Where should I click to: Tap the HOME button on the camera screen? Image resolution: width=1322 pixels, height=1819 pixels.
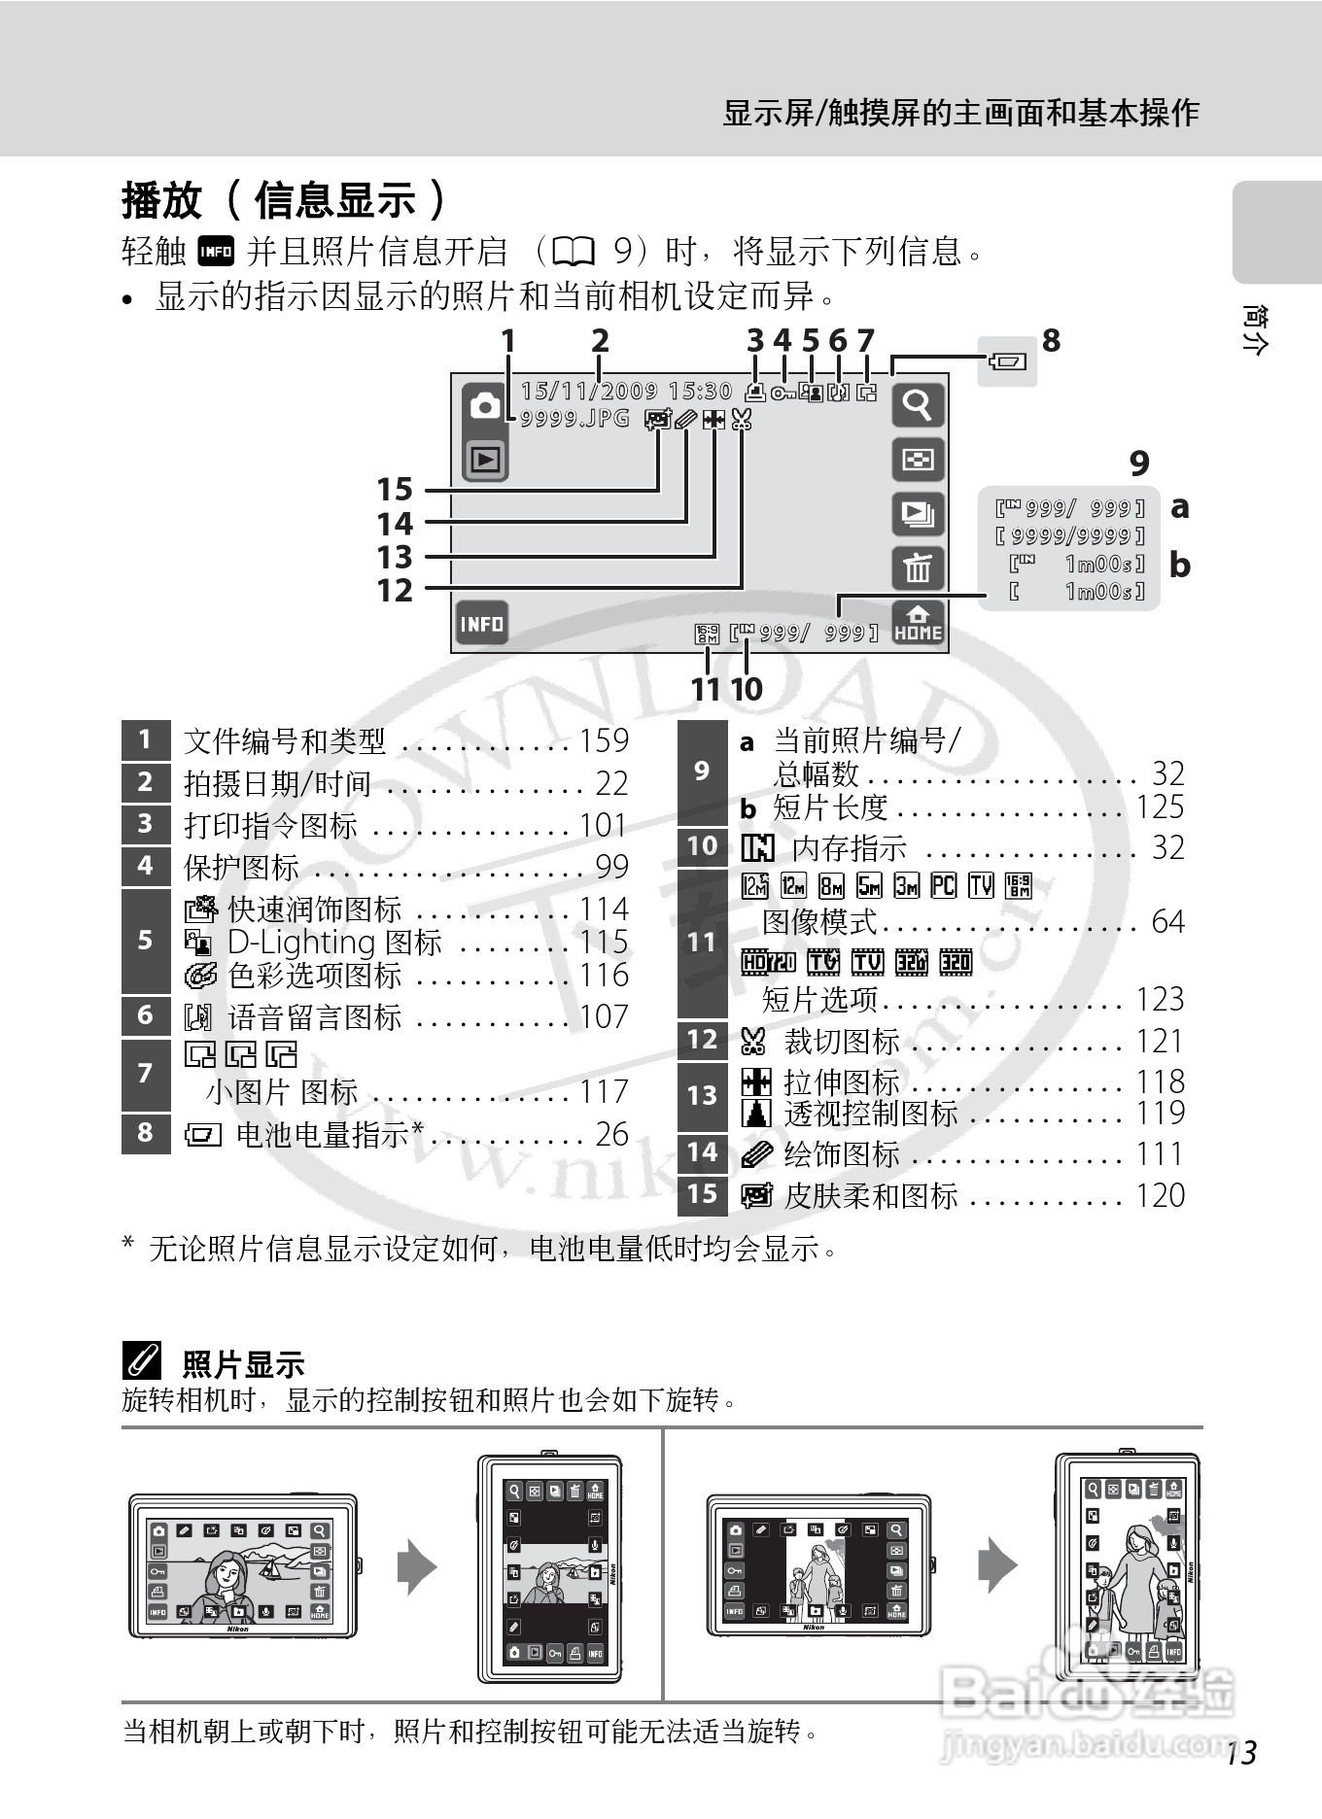click(918, 624)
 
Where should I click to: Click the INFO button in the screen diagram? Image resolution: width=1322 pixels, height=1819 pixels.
click(482, 623)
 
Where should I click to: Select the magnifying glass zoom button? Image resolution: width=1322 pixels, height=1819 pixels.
click(918, 403)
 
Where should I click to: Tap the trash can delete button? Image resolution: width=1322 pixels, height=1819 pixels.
click(918, 567)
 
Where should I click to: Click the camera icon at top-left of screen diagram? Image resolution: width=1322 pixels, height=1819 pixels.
click(485, 405)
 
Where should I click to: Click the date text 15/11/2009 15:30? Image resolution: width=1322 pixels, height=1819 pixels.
click(626, 391)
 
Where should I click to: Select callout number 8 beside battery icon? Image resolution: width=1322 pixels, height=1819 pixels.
click(1051, 341)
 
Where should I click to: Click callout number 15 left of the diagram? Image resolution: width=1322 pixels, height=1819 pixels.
click(395, 489)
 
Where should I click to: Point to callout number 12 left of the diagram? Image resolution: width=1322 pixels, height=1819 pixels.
click(395, 590)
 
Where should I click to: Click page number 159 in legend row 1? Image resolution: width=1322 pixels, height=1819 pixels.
click(604, 740)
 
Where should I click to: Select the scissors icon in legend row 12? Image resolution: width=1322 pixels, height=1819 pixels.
click(753, 1042)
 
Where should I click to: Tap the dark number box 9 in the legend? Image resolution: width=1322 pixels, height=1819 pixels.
click(702, 771)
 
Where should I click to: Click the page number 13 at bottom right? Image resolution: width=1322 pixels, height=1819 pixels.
click(1240, 1753)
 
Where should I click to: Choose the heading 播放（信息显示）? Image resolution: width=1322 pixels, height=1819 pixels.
click(284, 201)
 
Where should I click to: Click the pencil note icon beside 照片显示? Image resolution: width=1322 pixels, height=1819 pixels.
click(142, 1363)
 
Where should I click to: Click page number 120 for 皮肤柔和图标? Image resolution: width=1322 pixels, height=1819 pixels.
click(1161, 1195)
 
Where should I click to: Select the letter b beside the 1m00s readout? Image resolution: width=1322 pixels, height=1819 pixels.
click(1179, 565)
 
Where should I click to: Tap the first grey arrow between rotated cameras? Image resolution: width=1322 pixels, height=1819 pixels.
click(417, 1566)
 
